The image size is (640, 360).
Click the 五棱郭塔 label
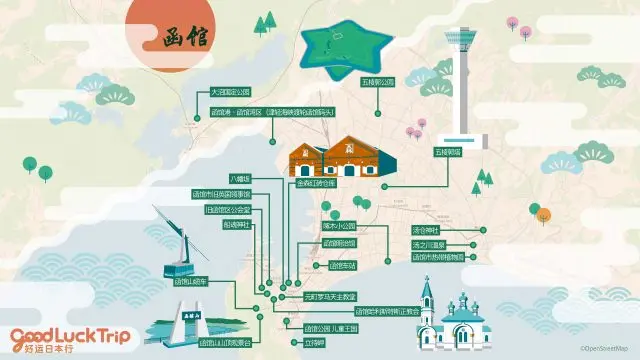click(446, 153)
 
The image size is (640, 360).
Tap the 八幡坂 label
click(241, 178)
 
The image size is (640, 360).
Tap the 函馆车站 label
click(343, 266)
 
